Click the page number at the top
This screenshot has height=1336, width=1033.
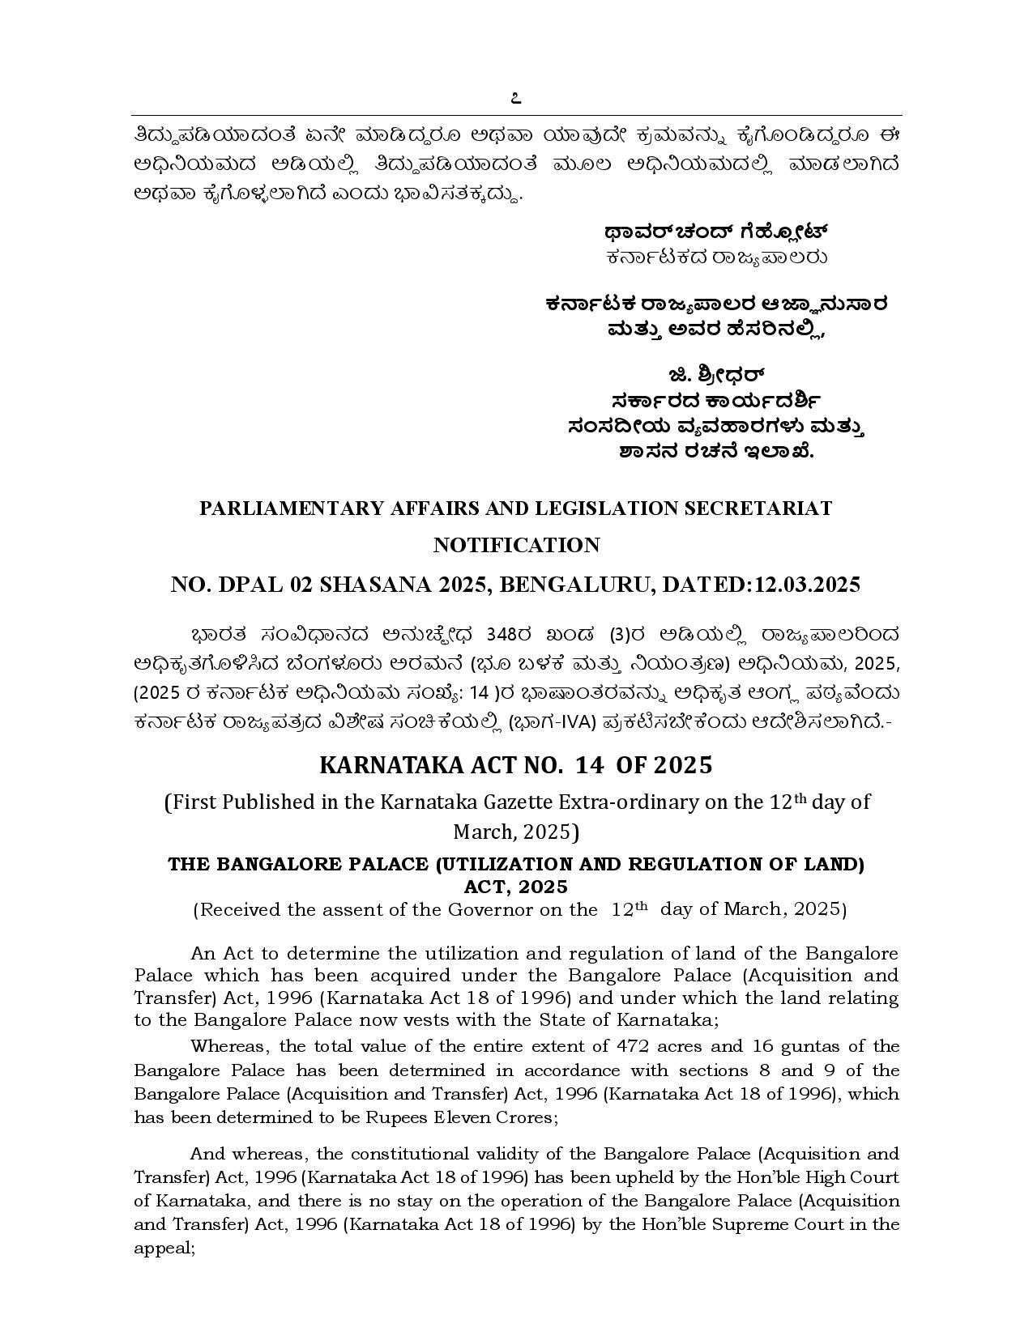click(x=516, y=99)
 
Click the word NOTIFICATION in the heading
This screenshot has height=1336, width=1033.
click(x=516, y=545)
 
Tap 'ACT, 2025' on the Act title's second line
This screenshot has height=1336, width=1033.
click(x=516, y=887)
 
